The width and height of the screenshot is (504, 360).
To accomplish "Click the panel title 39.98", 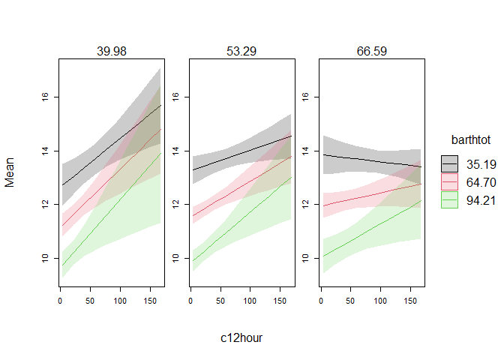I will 110,51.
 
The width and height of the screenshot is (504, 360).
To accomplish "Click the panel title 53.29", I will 241,51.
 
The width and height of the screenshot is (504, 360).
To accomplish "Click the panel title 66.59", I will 371,51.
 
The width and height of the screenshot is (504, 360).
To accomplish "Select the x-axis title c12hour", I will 241,338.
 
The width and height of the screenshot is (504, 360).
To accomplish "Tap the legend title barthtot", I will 471,140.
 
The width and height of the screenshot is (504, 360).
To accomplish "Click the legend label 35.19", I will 480,163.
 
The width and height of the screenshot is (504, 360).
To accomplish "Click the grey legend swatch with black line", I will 450,163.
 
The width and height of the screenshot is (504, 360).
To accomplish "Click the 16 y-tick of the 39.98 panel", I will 46,97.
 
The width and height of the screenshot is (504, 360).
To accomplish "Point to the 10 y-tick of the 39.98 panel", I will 46,258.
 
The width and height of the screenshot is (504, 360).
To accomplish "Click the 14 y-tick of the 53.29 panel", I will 176,151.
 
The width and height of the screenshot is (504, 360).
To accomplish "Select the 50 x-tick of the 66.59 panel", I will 350,300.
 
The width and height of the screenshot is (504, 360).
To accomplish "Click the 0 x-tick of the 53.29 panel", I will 192,300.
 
